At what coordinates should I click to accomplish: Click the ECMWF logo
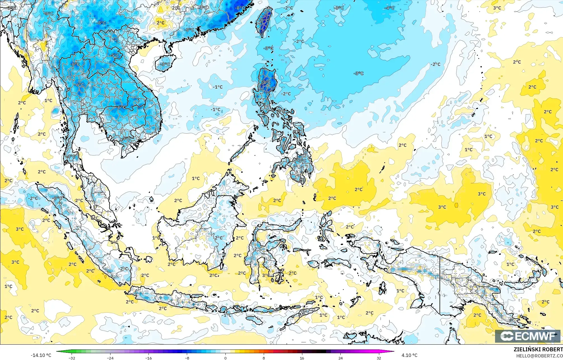[x=528, y=336]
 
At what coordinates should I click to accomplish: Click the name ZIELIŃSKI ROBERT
[x=538, y=349]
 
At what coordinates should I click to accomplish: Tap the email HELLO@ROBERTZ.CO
[x=539, y=356]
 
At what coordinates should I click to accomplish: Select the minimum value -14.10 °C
[x=41, y=355]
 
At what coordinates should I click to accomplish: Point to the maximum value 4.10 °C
[x=409, y=355]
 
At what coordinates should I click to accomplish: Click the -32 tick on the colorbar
[x=72, y=358]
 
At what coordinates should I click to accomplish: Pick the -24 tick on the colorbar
[x=110, y=358]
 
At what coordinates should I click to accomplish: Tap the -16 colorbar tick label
[x=149, y=358]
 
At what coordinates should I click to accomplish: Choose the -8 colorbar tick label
[x=187, y=358]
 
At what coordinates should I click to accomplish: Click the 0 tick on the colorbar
[x=225, y=358]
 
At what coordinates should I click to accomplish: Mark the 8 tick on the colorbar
[x=264, y=358]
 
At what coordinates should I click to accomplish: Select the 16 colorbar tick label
[x=302, y=358]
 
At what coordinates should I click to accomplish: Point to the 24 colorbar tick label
[x=340, y=358]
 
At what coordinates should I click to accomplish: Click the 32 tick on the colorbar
[x=379, y=358]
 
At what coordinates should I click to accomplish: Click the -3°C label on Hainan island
[x=165, y=64]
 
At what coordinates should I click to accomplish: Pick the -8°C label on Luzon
[x=266, y=83]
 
